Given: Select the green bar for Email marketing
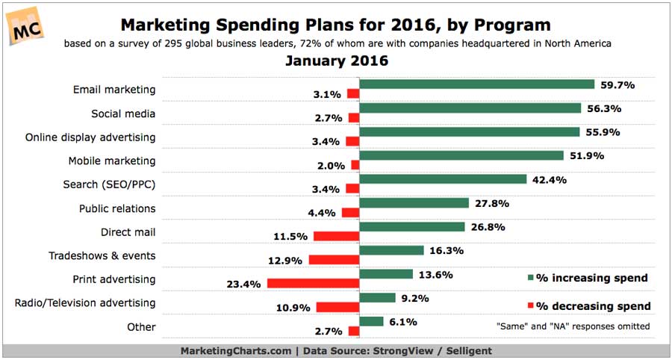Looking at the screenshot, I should [x=476, y=84].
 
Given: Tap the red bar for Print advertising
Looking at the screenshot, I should [x=313, y=284].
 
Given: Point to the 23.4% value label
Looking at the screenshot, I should [x=244, y=284].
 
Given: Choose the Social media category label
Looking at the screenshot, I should [x=123, y=114].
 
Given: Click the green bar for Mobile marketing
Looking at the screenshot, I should [x=461, y=155].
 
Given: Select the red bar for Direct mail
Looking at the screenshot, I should [x=336, y=236].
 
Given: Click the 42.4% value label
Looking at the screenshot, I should [x=548, y=179].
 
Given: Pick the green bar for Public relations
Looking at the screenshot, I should [x=414, y=202].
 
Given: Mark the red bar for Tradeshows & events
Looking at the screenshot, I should [x=334, y=260].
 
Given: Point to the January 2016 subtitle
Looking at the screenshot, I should [x=336, y=61].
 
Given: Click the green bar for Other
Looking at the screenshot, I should [x=372, y=321].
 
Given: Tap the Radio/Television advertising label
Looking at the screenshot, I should [x=85, y=303].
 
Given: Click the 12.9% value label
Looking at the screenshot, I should [x=285, y=260].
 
